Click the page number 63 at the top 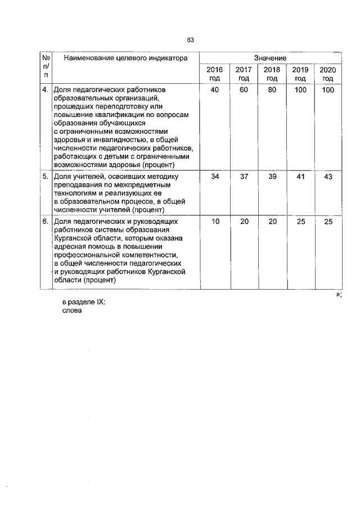(190, 40)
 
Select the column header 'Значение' (270, 58)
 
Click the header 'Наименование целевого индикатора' (124, 58)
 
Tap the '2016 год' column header (214, 74)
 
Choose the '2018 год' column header (272, 74)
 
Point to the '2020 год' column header (328, 74)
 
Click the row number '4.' (45, 90)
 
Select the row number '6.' (45, 222)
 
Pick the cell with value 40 (214, 90)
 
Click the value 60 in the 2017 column (243, 90)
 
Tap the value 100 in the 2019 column (300, 90)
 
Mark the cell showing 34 (214, 177)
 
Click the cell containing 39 (272, 177)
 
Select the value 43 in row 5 (328, 177)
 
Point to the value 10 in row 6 (214, 222)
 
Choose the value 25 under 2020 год (328, 222)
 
